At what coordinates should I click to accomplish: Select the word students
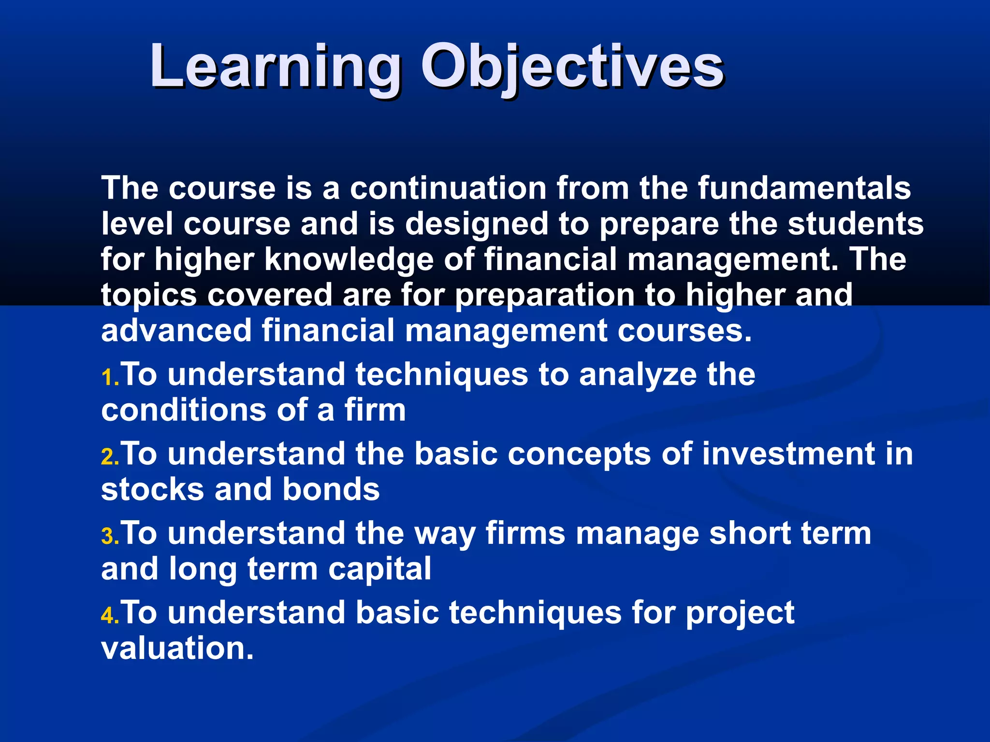pyautogui.click(x=856, y=224)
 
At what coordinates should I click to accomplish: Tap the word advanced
pyautogui.click(x=176, y=331)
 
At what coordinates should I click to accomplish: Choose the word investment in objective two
pyautogui.click(x=788, y=454)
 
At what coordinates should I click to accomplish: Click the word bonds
pyautogui.click(x=331, y=489)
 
